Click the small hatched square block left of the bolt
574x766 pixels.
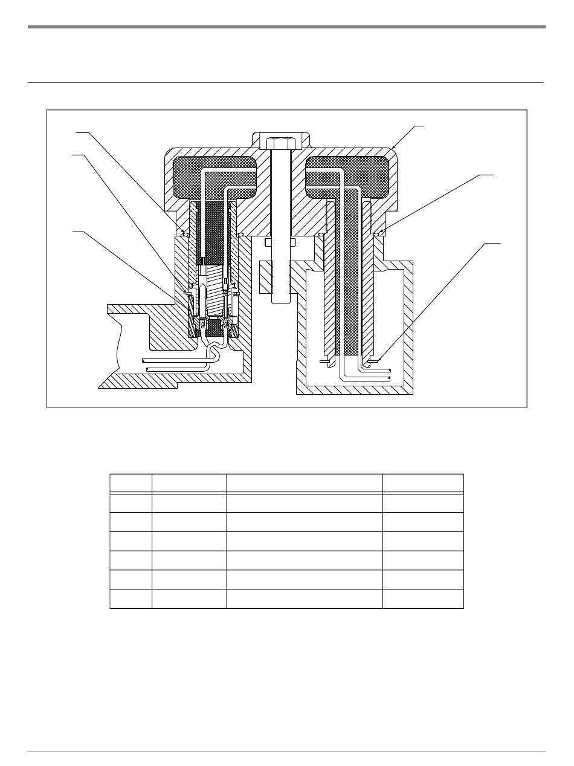(266, 276)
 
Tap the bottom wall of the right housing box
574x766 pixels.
(354, 390)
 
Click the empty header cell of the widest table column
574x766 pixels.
(305, 484)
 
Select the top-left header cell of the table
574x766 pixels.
(131, 484)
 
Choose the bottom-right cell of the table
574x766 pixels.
(423, 599)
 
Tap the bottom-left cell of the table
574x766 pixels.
(131, 599)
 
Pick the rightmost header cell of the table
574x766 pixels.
(423, 484)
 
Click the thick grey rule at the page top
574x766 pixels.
(286, 27)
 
